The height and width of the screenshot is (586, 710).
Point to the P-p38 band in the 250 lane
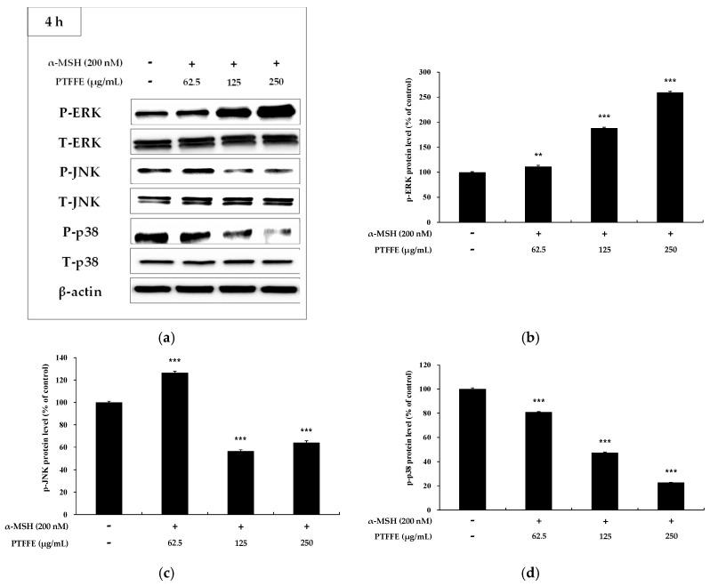277,233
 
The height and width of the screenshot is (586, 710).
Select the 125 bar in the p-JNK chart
240,482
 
